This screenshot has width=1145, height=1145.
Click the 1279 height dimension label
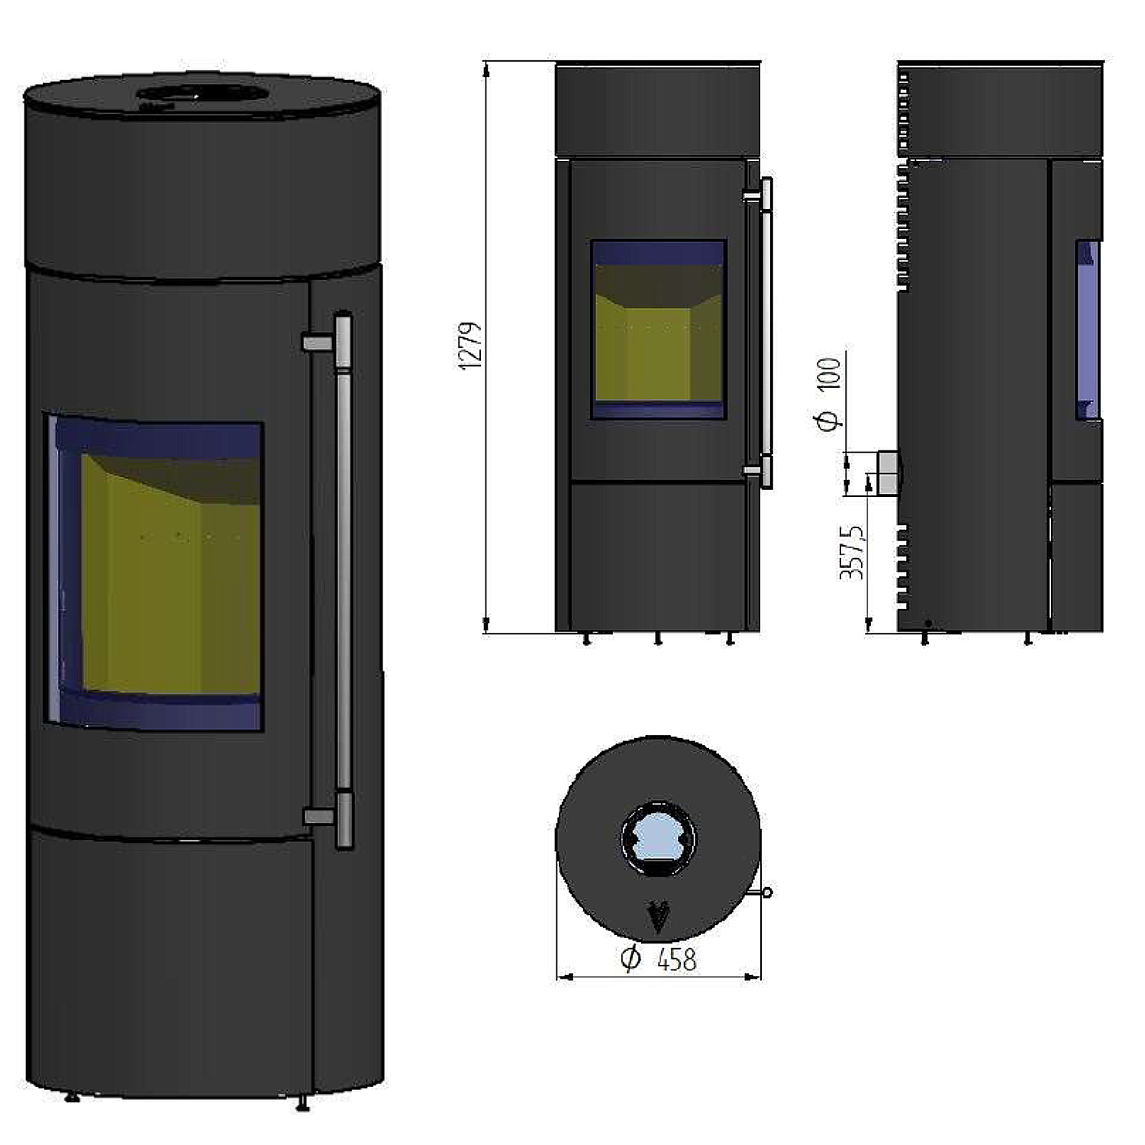click(x=471, y=346)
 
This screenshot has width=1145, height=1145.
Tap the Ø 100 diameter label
click(x=830, y=393)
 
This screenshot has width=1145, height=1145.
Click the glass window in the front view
click(x=657, y=330)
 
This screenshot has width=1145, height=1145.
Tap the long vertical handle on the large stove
click(x=343, y=580)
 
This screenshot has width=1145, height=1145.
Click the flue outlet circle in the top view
click(x=658, y=838)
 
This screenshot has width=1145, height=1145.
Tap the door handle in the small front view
click(x=766, y=333)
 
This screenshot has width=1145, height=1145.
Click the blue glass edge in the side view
click(x=1087, y=330)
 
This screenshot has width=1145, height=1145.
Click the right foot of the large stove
click(x=302, y=1102)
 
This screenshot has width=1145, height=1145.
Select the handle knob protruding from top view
click(x=767, y=892)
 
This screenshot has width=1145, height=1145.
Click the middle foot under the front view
click(x=658, y=639)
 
